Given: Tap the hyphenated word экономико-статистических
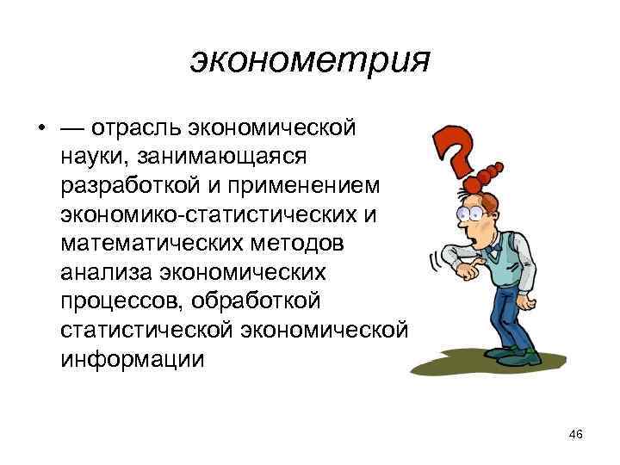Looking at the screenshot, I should click(212, 215).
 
